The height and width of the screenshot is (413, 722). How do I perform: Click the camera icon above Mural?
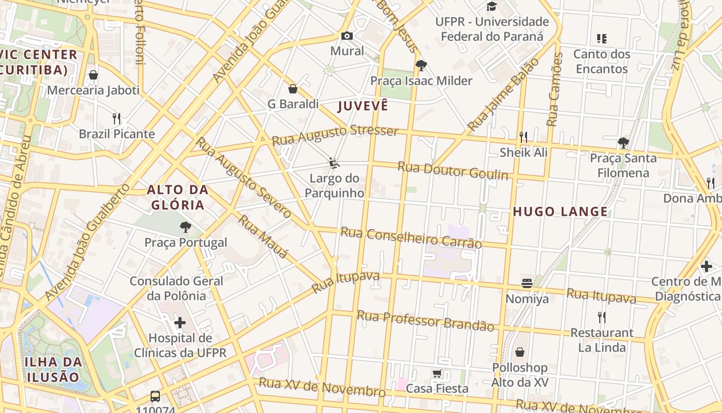pos(347,36)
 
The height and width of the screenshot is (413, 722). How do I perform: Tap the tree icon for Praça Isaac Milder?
pos(421,65)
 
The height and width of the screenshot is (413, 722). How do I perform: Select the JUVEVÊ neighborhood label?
pos(363,106)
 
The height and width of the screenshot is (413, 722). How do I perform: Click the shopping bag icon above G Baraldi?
pos(293,89)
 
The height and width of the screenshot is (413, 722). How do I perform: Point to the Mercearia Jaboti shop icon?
pos(93,75)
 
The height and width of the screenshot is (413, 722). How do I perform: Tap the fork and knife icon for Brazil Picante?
pos(117,119)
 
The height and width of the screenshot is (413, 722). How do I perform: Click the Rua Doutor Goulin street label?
pos(452,171)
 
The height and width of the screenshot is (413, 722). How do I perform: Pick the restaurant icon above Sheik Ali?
pos(523,137)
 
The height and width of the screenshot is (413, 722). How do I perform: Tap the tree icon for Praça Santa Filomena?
pos(623,142)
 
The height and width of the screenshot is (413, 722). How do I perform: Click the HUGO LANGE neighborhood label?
pos(560,212)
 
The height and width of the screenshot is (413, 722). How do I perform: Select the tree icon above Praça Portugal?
pos(185,227)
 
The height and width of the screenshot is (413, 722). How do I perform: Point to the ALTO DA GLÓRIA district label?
pos(178,197)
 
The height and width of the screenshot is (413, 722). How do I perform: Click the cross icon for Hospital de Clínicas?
pos(180,323)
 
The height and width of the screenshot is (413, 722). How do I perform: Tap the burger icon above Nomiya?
pos(527,283)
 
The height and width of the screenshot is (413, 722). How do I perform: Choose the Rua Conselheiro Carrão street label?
pos(411,237)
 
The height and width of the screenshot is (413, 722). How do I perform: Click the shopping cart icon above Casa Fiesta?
pos(437,373)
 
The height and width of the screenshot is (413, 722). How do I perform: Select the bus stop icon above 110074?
pos(155,396)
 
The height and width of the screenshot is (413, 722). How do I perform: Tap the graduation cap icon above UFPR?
pos(491,6)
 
